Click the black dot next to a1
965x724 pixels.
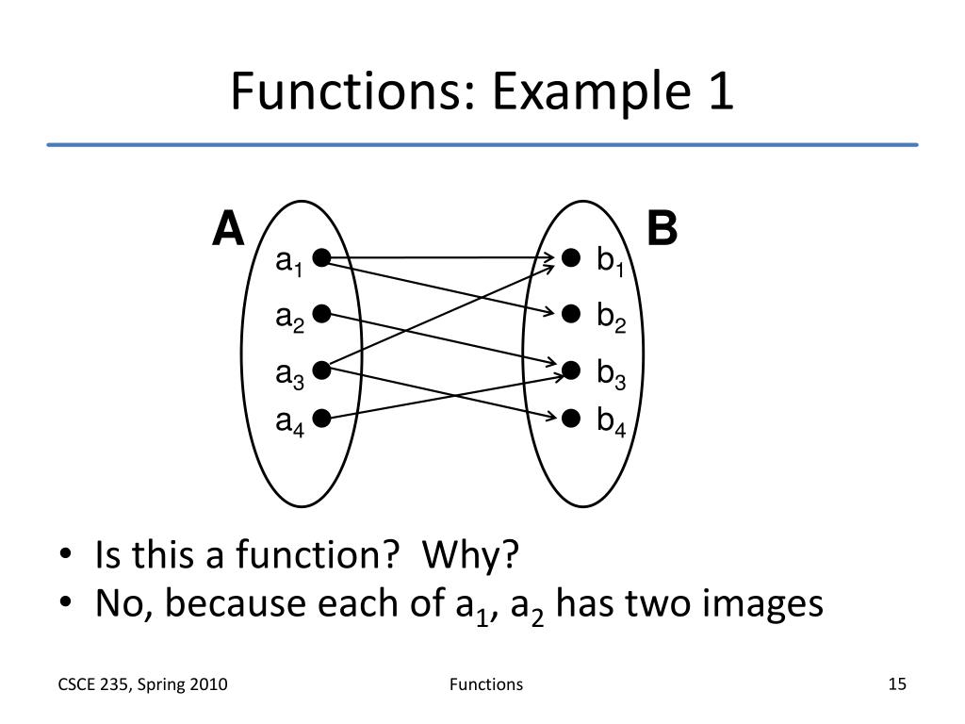click(321, 257)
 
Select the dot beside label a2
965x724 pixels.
click(321, 314)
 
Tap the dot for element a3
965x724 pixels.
click(321, 370)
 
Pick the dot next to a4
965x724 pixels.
click(321, 418)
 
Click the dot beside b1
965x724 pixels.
click(570, 257)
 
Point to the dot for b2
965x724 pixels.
click(570, 314)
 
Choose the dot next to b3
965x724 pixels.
click(570, 370)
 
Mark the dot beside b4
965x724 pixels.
click(570, 418)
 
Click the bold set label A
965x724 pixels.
click(228, 229)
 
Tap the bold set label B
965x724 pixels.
click(662, 229)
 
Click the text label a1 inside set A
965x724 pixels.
click(288, 262)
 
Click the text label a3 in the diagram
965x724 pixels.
click(288, 375)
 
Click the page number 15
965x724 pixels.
click(896, 684)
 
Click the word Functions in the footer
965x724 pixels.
click(484, 684)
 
